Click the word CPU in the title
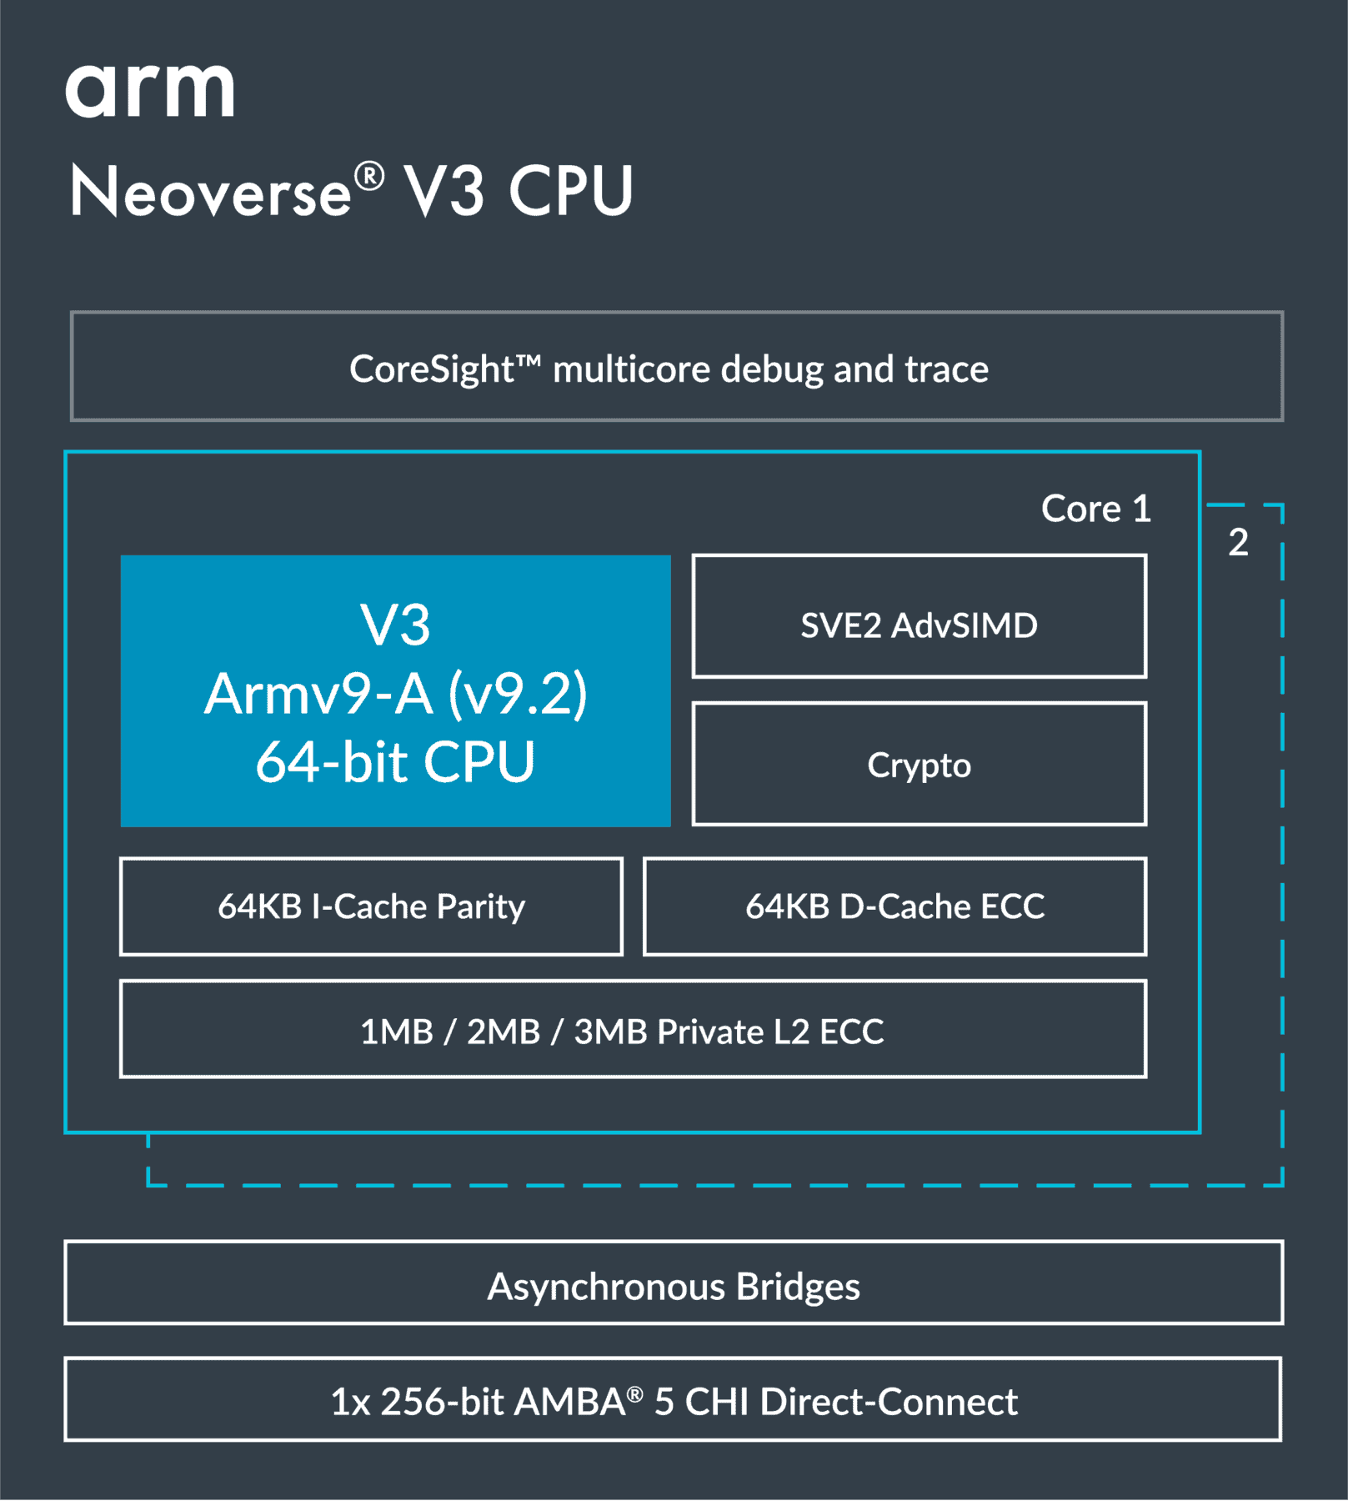[571, 191]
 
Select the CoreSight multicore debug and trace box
[676, 367]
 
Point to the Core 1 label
[1095, 509]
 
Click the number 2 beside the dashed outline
[1238, 543]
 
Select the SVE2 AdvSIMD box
[919, 617]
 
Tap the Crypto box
[919, 765]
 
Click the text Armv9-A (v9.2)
[396, 694]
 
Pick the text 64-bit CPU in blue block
[395, 762]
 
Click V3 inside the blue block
[395, 625]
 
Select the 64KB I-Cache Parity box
[371, 906]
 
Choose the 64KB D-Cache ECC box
[894, 906]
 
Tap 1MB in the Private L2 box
[396, 1032]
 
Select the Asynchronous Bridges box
[673, 1286]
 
